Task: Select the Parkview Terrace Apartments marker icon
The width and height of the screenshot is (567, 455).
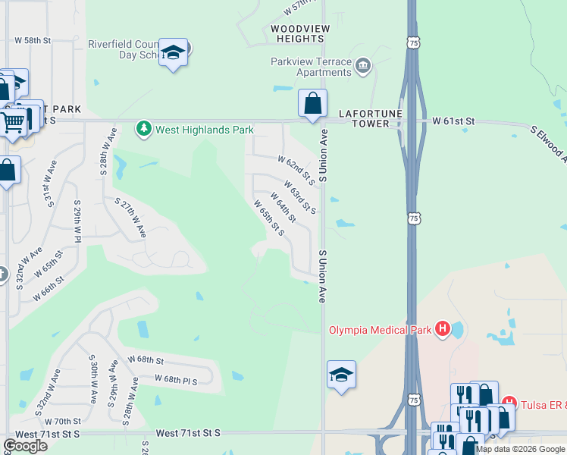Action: point(363,67)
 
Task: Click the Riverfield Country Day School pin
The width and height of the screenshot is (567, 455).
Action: point(174,54)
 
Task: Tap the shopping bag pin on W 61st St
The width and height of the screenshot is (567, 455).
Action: point(312,103)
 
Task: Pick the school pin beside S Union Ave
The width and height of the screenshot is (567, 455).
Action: point(342,375)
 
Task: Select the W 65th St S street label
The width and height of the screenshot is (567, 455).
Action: point(269,218)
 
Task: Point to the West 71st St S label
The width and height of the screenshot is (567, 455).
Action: point(188,432)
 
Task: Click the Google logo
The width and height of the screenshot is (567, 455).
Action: point(26,446)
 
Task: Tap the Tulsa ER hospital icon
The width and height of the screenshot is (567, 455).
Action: point(510,402)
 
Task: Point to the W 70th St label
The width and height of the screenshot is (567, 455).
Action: point(62,421)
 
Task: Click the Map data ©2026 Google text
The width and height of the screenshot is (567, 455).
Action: point(520,449)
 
